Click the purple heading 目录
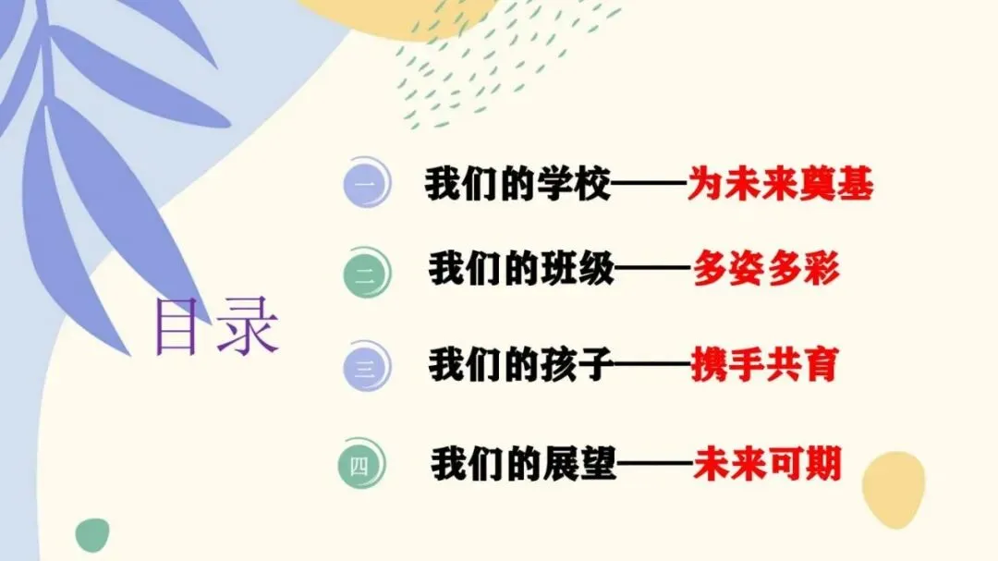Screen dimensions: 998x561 pyautogui.click(x=216, y=326)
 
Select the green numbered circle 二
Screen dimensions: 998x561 pyautogui.click(x=365, y=273)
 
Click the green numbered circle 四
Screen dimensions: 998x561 pyautogui.click(x=360, y=465)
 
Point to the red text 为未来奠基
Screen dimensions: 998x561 pyautogui.click(x=780, y=186)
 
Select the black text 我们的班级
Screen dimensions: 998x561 pyautogui.click(x=521, y=271)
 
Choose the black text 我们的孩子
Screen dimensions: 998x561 pyautogui.click(x=521, y=366)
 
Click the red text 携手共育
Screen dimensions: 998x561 pyautogui.click(x=764, y=366)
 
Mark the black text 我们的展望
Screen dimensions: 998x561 pyautogui.click(x=523, y=463)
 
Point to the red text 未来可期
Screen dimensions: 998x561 pyautogui.click(x=768, y=463)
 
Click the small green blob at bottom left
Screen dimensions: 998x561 pyautogui.click(x=92, y=533)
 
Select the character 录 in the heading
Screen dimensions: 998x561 pyautogui.click(x=248, y=326)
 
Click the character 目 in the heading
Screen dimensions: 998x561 pyautogui.click(x=179, y=326)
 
